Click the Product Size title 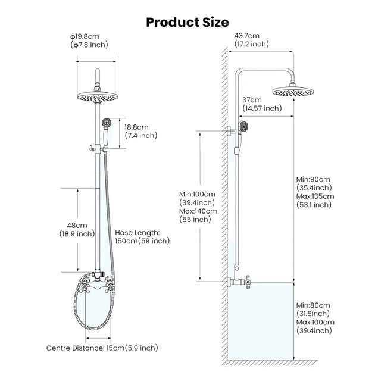coord(187,23)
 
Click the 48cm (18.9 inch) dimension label coord(80,230)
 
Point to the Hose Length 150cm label coord(142,236)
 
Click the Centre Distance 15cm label coord(102,348)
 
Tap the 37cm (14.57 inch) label coord(262,104)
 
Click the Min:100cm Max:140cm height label coord(198,207)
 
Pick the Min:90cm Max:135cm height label coord(315,192)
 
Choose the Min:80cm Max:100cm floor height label coord(315,318)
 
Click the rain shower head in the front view coord(95,96)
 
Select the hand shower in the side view coord(242,126)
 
